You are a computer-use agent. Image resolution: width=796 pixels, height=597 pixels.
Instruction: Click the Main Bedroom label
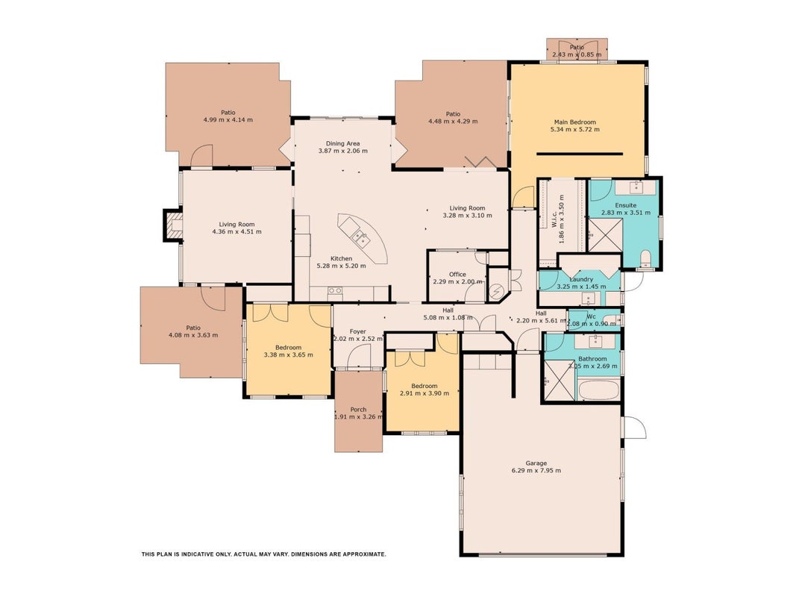[574, 122]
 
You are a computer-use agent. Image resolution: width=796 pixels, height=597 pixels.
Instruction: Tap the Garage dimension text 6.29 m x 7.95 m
[536, 471]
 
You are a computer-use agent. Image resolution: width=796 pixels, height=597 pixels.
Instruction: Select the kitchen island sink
[361, 237]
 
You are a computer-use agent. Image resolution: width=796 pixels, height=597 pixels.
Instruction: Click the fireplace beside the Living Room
[172, 225]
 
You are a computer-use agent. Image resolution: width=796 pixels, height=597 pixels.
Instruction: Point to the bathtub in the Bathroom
[598, 391]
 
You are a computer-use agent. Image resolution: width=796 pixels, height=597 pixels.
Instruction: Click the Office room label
[457, 275]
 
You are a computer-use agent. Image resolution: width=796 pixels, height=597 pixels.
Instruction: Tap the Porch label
[358, 410]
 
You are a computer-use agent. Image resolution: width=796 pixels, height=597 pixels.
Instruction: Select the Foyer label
[358, 331]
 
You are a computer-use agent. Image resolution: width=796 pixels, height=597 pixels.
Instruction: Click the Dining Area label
[342, 144]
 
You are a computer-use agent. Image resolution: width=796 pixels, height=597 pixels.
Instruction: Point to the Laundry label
[581, 279]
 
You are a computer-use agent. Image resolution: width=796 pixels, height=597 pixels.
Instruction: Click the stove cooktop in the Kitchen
[334, 293]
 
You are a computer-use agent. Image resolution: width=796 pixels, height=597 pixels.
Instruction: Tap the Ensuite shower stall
[605, 234]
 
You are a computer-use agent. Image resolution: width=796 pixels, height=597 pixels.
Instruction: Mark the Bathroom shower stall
[559, 380]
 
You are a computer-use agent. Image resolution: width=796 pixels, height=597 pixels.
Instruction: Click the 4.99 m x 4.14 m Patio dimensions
[228, 120]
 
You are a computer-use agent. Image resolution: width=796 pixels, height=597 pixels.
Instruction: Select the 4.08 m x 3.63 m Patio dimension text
[193, 335]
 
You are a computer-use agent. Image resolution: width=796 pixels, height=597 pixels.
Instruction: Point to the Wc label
[592, 316]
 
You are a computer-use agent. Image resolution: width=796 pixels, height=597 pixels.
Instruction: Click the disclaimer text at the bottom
[263, 554]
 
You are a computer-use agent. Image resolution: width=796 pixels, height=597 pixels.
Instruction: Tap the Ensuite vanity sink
[636, 187]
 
